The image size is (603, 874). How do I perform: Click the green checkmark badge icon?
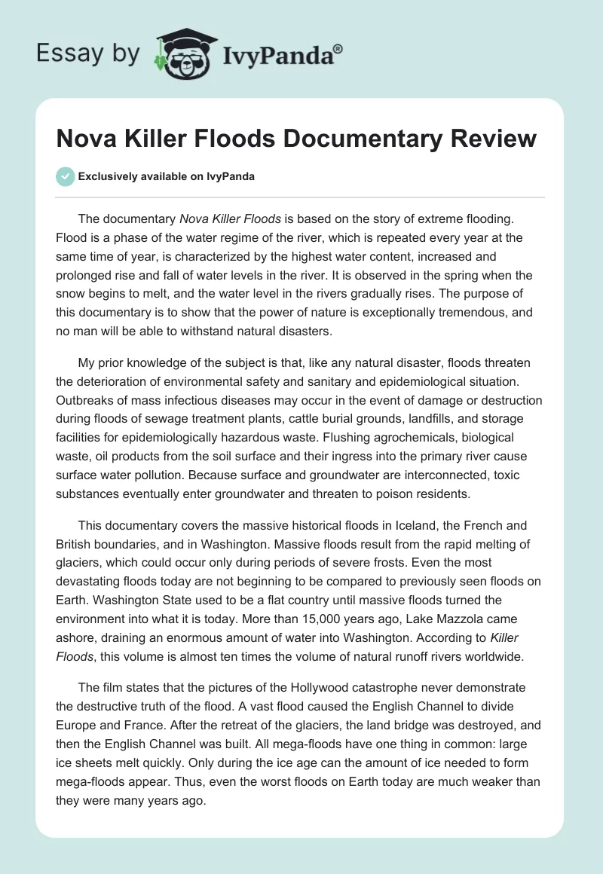(65, 176)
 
